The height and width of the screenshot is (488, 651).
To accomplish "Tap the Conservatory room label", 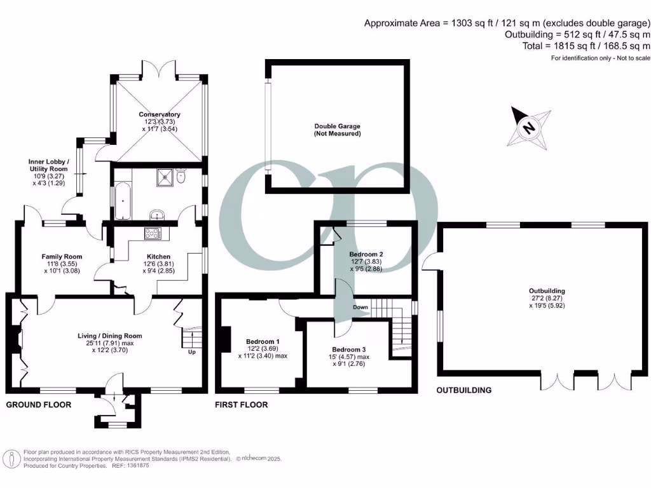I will [160, 115].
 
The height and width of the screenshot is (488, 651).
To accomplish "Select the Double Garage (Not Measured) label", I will [337, 130].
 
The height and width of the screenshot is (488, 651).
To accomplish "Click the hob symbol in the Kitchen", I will [153, 233].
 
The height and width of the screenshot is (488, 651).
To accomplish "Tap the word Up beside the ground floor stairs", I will [191, 351].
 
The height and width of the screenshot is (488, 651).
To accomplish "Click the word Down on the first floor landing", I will [360, 307].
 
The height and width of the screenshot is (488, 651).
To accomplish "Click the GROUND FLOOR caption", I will [38, 405].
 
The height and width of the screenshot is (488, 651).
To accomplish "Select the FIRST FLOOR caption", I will [242, 405].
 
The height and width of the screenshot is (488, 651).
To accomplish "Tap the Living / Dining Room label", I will [110, 335].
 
